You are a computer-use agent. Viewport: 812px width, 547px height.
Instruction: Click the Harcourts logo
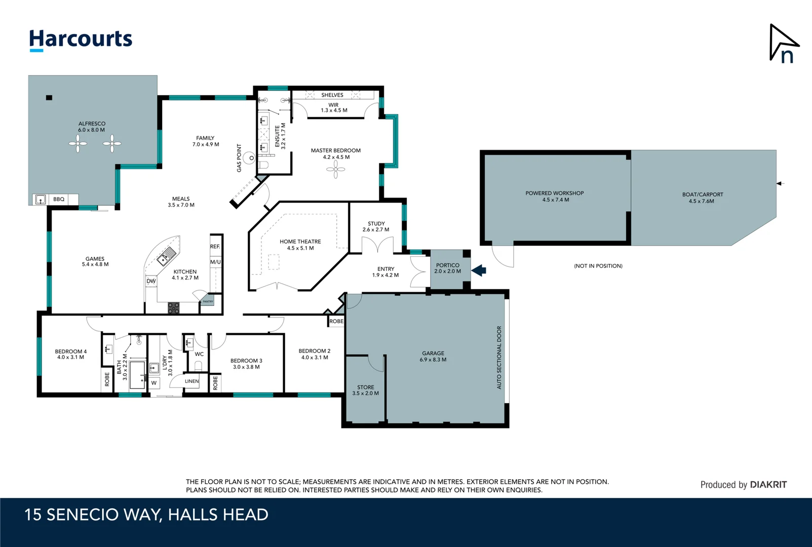coord(81,40)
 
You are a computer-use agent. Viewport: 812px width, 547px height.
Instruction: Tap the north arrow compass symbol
coord(783,44)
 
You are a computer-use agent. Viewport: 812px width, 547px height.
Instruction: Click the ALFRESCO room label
coord(92,124)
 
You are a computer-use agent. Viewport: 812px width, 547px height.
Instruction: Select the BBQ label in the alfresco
coord(59,200)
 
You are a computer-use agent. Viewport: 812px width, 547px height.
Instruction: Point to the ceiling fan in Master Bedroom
coord(335,170)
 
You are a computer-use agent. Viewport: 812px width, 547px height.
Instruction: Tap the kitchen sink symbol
coord(166,257)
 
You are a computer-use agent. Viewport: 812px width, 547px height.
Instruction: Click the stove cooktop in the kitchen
coord(173,307)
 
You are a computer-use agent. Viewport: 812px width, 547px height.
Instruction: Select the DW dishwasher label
coord(151,281)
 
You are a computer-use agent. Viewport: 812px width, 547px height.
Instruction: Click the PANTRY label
coord(208,301)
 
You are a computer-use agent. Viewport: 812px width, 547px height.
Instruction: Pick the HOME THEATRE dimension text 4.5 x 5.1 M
coord(300,248)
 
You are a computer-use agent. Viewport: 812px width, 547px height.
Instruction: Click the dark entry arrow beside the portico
coord(479,270)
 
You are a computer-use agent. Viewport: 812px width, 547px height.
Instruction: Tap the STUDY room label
coord(376,223)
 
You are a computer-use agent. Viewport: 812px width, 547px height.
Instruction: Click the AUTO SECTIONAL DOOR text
coord(499,357)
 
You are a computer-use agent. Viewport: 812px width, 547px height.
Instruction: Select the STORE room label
coord(365,387)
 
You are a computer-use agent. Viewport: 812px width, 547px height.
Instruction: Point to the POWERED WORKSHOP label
coord(554,193)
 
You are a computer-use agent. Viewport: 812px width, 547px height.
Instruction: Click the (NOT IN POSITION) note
coord(598,266)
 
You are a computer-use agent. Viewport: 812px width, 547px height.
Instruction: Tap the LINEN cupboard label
coord(191,381)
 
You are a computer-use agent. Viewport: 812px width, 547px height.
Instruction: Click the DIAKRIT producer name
coord(768,485)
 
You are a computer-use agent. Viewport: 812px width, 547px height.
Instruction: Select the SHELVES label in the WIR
coord(332,95)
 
